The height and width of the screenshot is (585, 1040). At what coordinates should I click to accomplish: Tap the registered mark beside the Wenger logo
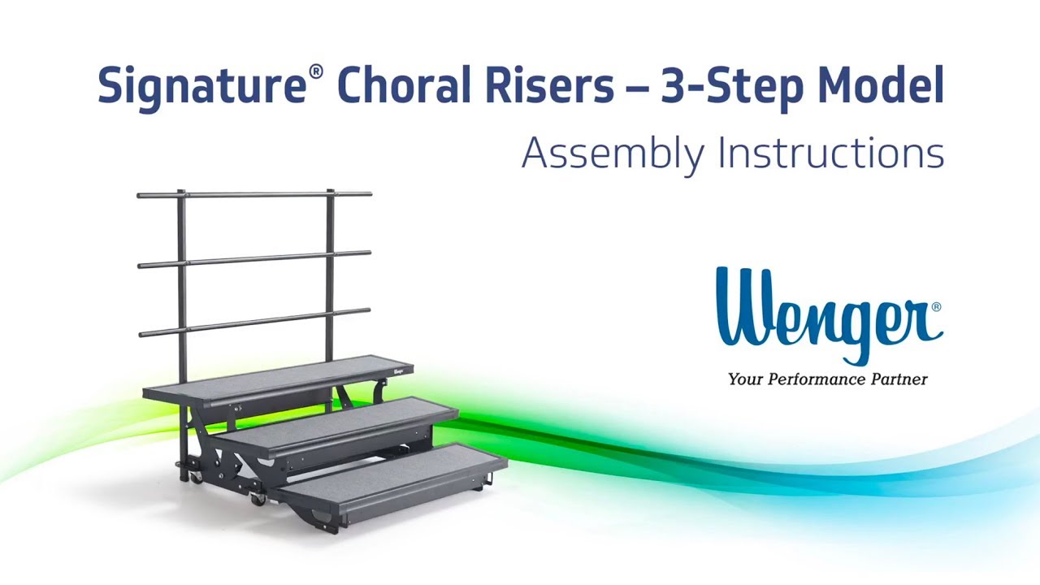[936, 307]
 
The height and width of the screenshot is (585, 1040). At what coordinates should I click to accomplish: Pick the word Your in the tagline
[743, 379]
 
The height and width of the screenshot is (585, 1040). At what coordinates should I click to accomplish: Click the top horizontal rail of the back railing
[254, 195]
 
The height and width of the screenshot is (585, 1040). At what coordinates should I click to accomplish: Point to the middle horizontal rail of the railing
[254, 259]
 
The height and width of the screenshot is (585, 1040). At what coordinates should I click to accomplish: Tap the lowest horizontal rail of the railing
[254, 321]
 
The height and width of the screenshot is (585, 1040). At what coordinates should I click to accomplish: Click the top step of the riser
[276, 375]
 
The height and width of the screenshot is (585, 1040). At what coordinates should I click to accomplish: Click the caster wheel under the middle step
[258, 498]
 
